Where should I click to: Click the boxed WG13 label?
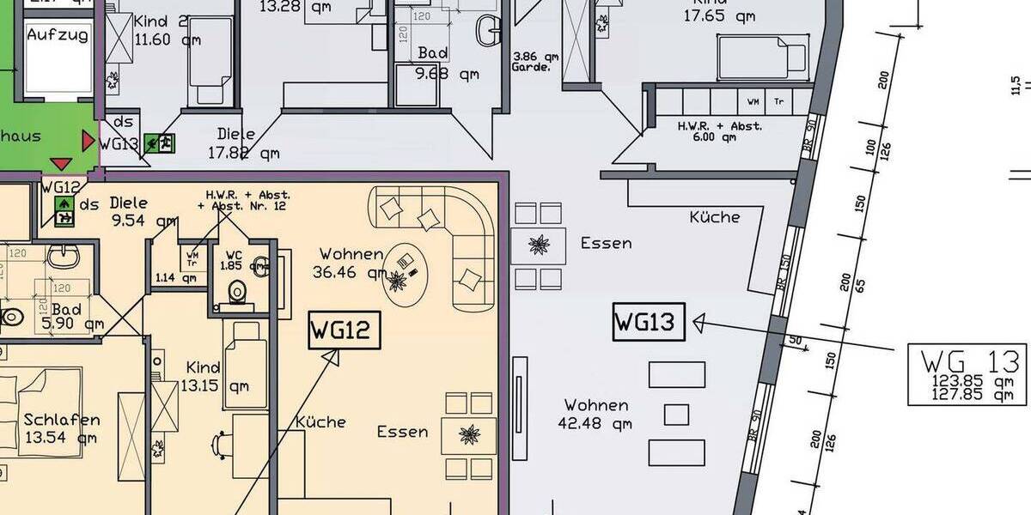649,324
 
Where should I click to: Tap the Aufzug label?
58,35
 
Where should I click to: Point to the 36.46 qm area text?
353,273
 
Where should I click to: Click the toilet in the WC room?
236,294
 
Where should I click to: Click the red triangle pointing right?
88,140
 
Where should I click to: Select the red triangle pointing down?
61,164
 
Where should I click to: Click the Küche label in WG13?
714,217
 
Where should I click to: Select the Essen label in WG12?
402,432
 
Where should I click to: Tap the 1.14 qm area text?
175,277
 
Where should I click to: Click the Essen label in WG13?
606,243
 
